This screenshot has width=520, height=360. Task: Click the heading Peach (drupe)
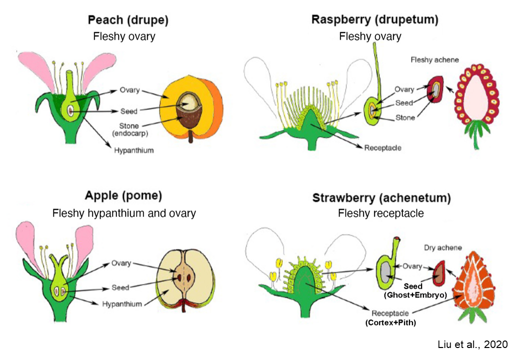128,20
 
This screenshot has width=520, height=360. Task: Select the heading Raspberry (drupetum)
374,20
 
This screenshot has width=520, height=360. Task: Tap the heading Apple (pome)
124,196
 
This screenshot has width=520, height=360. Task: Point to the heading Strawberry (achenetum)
381,197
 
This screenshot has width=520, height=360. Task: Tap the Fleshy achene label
434,60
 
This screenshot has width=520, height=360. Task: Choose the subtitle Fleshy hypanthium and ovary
124,213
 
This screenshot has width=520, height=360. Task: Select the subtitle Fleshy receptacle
380,213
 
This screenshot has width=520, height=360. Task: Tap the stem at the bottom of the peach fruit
190,137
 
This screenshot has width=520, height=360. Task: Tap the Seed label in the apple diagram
120,287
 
